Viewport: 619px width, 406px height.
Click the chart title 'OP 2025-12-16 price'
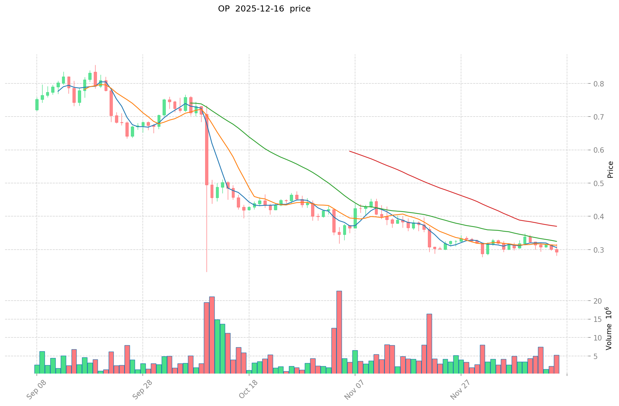[x=264, y=9]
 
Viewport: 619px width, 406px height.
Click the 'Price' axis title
[x=610, y=170]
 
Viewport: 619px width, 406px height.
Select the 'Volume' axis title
[x=609, y=328]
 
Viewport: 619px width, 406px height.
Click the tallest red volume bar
[x=339, y=332]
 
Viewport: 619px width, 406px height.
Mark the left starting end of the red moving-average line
[x=350, y=151]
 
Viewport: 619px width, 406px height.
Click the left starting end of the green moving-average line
[x=191, y=103]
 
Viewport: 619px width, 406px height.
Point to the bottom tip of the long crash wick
[x=207, y=272]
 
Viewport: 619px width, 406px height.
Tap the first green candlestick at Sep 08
[x=37, y=104]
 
